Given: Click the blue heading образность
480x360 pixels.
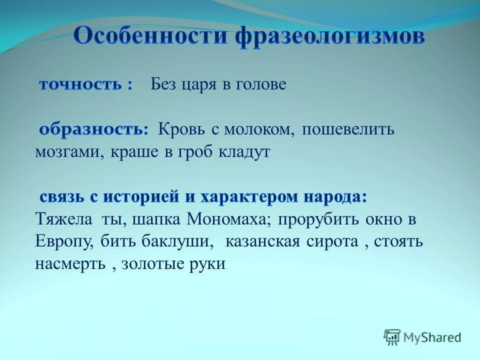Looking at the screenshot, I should click(x=92, y=129).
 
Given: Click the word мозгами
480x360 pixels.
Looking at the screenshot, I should click(x=65, y=152).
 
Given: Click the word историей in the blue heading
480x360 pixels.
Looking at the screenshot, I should click(x=137, y=197).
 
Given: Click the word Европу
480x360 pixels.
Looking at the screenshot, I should click(x=63, y=242).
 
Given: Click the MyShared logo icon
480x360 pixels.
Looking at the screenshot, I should click(x=392, y=337).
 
